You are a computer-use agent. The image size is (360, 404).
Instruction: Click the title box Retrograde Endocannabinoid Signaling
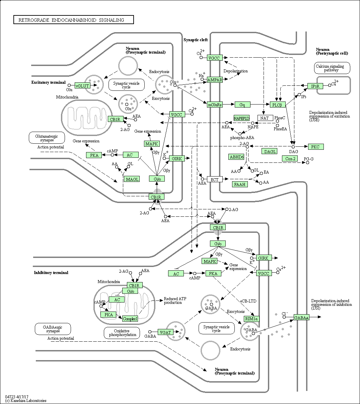[74, 20]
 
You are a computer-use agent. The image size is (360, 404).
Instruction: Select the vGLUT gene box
[83, 86]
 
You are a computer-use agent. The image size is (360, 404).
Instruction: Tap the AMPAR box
[215, 80]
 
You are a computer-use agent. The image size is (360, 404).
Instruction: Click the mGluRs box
[215, 105]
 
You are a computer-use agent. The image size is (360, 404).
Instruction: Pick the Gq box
[242, 105]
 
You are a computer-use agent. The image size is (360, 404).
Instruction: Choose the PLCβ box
[277, 105]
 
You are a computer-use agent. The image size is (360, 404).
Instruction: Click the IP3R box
[315, 86]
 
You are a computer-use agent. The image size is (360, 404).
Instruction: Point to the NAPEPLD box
[241, 118]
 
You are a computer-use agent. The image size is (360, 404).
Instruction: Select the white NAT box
[265, 118]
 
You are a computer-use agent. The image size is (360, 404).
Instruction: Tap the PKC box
[315, 147]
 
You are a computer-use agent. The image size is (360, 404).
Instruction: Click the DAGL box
[270, 151]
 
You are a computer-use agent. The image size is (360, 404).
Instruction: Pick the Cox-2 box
[289, 158]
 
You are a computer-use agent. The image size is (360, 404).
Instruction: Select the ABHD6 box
[236, 157]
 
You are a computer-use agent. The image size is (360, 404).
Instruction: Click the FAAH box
[240, 184]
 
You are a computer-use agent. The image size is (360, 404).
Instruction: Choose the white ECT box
[215, 180]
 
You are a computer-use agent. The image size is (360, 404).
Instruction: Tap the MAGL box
[132, 179]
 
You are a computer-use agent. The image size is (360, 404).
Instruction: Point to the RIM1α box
[251, 319]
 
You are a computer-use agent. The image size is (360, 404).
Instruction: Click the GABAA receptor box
[301, 318]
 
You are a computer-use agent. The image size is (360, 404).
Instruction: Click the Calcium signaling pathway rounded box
[332, 68]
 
